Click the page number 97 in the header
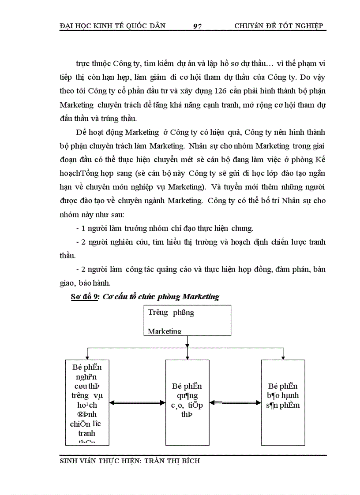coord(197,26)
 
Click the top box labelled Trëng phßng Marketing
coord(187,321)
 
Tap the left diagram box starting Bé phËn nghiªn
coord(87,402)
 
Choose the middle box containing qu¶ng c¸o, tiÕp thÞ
coord(187,402)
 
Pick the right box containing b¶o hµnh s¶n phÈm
coord(283,402)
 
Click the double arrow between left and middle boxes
coord(137,402)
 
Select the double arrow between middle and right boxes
coord(235,402)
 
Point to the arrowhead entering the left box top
coord(87,357)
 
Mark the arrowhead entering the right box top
coord(283,357)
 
